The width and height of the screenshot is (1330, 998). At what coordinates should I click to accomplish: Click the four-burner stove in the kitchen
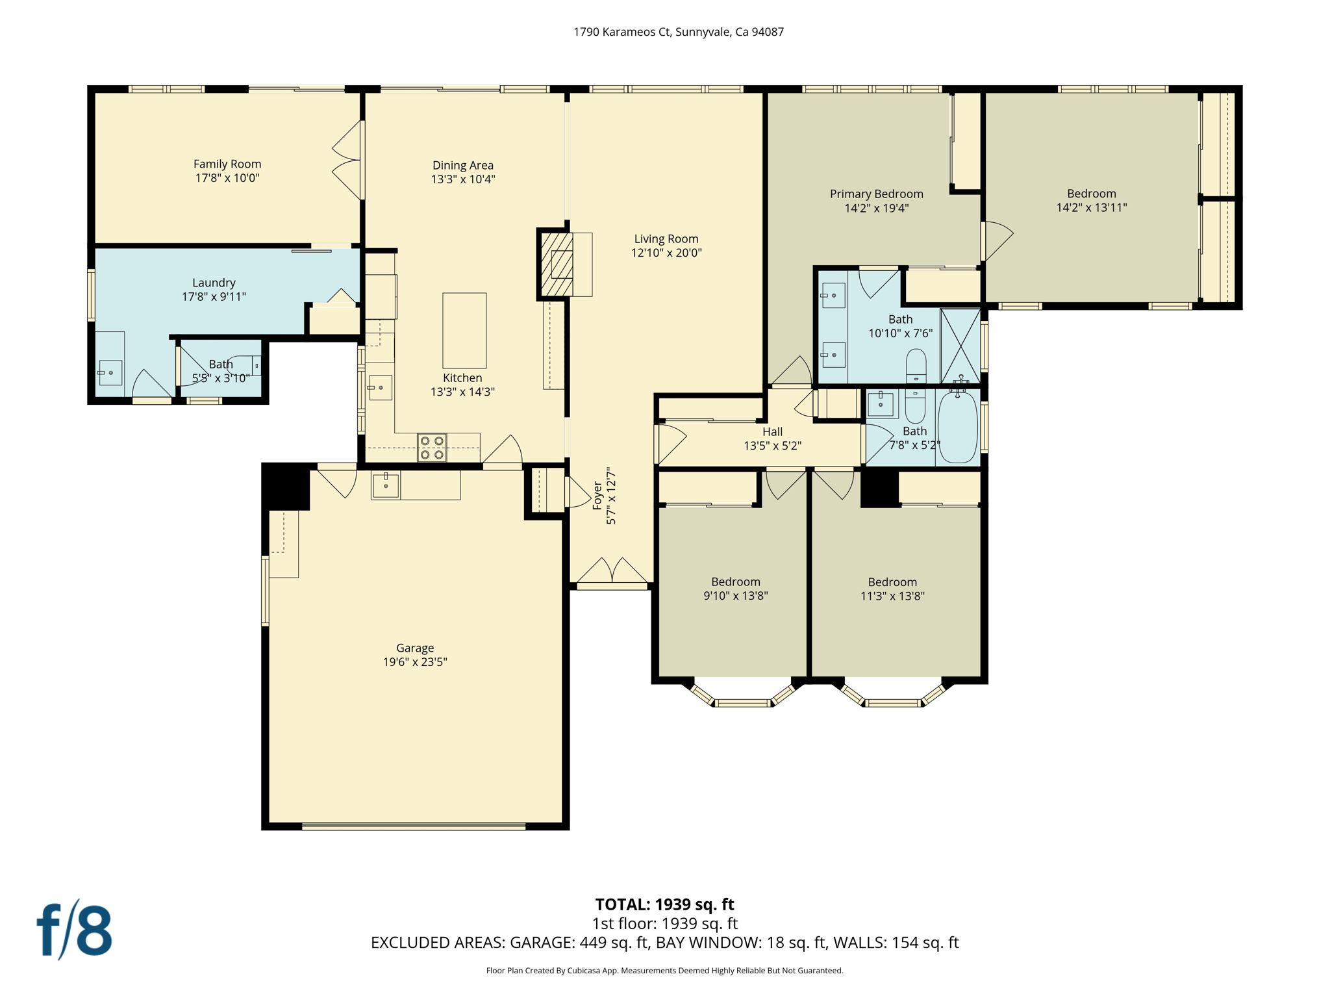432,448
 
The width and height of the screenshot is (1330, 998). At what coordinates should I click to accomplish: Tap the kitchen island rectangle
464,331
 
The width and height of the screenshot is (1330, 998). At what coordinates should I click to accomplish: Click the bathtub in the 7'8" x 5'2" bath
957,427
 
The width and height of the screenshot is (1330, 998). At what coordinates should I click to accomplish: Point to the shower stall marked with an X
960,346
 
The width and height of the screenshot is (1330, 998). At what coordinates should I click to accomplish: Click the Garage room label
415,648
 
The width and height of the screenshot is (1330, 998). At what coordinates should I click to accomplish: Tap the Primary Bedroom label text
876,194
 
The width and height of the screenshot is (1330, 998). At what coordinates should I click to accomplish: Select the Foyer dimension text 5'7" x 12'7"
611,496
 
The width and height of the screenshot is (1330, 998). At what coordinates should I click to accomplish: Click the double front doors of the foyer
612,572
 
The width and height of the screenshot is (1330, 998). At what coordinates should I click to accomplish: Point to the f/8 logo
74,930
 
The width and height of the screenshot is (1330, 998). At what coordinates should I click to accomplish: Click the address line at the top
678,32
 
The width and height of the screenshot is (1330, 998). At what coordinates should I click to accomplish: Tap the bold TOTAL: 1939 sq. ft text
664,904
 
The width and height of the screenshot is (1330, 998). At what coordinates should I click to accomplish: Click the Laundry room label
214,283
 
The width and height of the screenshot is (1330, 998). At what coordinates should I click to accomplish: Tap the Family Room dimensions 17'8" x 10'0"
227,178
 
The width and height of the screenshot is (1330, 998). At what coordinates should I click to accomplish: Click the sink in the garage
386,485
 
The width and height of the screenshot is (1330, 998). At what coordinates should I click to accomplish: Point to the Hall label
772,431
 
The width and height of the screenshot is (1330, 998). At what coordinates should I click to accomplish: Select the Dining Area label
463,165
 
